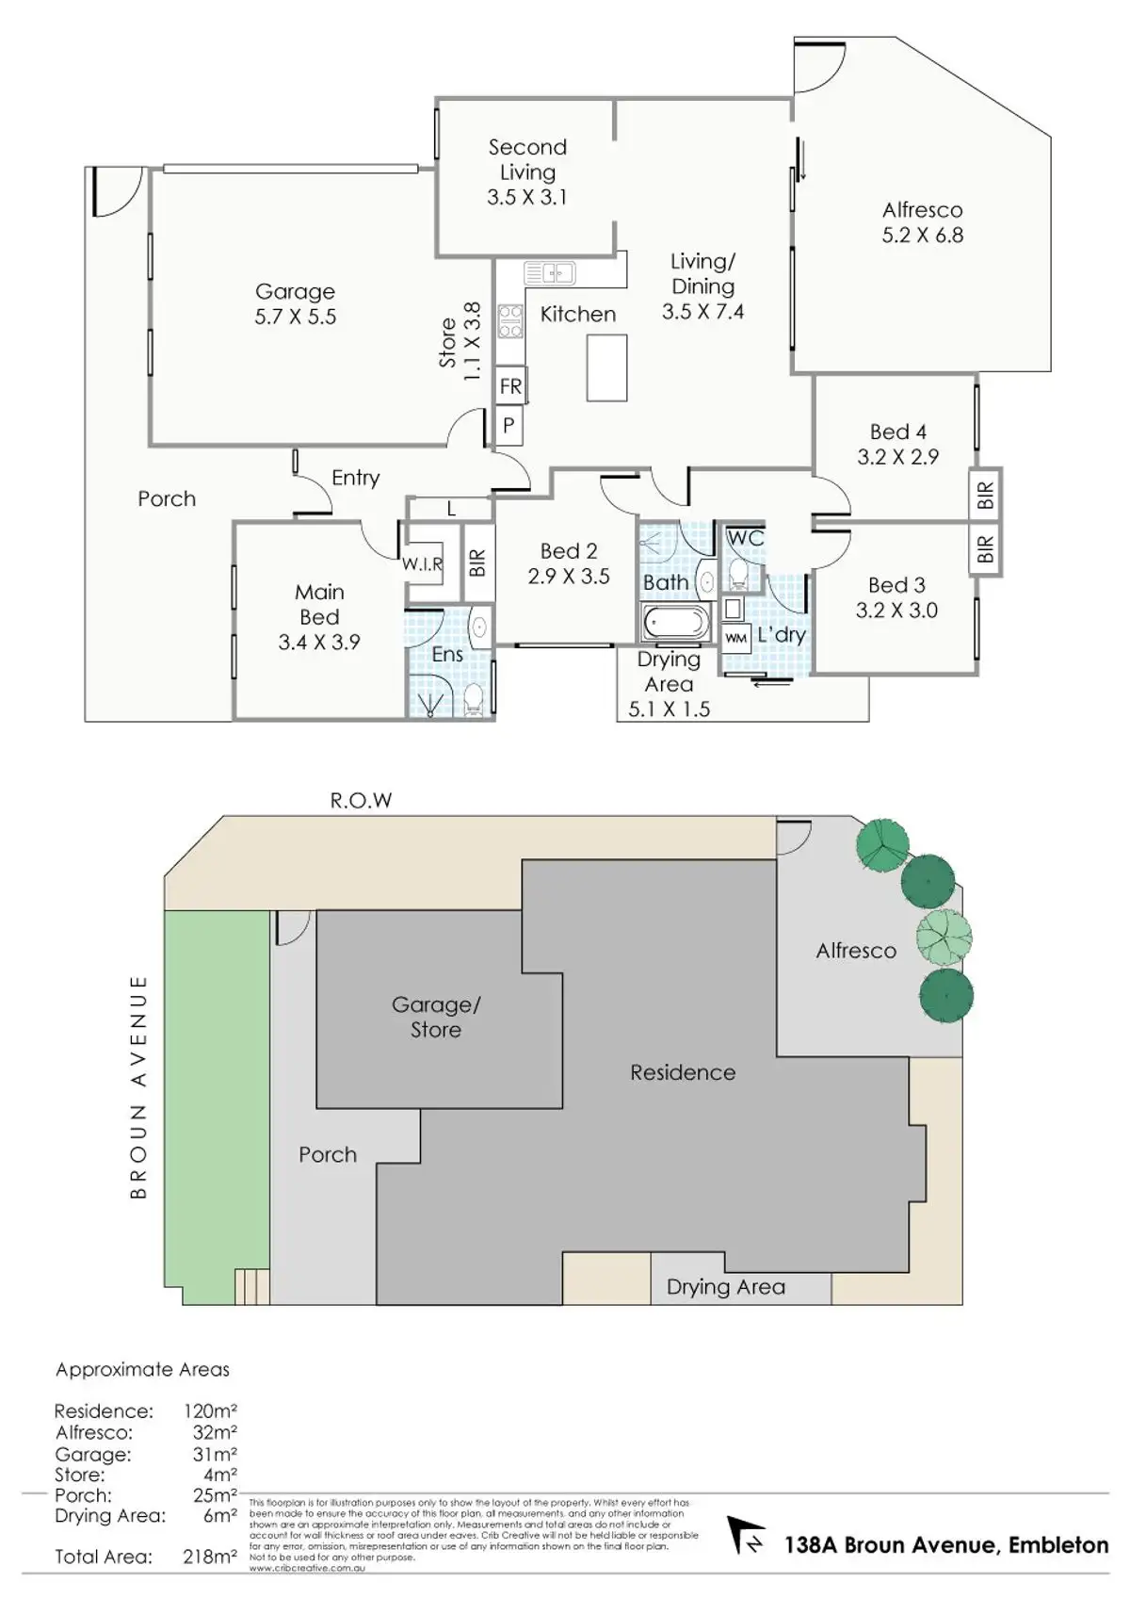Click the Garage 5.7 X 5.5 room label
coord(295,304)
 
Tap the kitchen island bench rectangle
coord(606,367)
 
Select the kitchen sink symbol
coord(549,273)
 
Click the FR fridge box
coord(510,386)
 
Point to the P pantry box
coord(508,426)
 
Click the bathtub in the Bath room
coord(675,622)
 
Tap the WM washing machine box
coord(735,638)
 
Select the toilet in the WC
coord(739,574)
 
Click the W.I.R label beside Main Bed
coord(422,564)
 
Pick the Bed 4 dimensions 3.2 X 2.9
coord(897,457)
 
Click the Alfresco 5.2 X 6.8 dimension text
coord(922,236)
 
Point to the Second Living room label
coord(527,159)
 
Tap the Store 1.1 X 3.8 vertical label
coord(460,342)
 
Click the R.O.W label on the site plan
coord(361,801)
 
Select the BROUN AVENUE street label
coord(138,1086)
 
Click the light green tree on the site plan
coord(944,937)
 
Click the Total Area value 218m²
coord(209,1557)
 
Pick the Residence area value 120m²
coord(210,1411)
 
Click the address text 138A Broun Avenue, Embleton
coord(945,1545)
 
